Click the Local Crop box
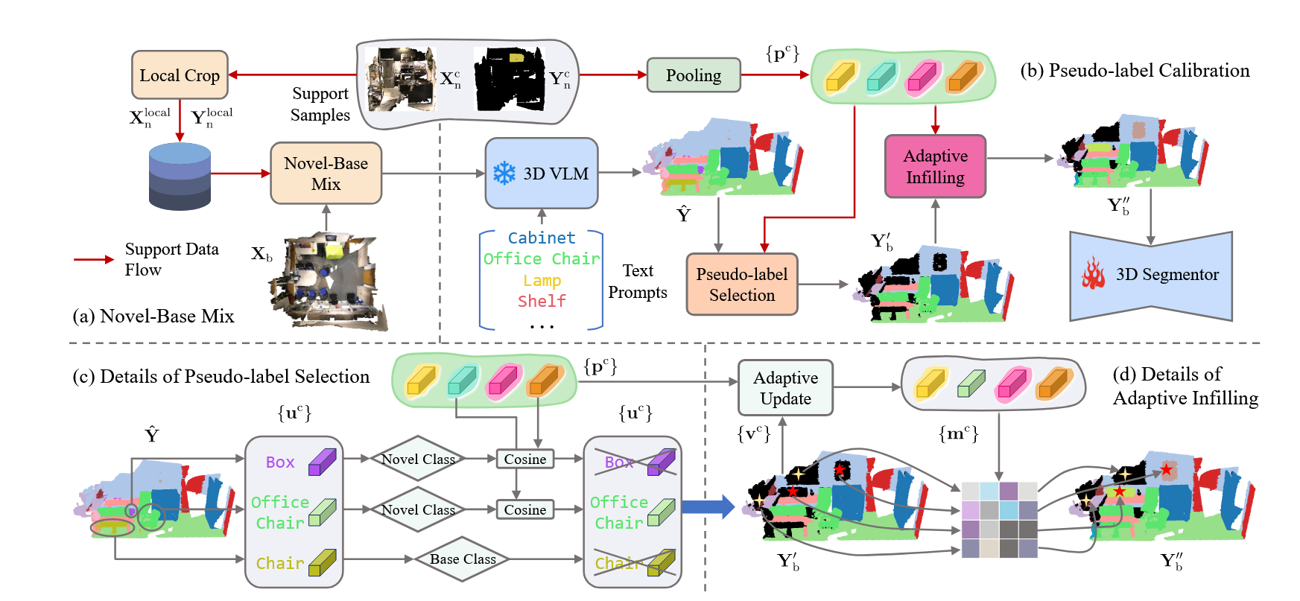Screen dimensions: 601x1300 click(x=180, y=75)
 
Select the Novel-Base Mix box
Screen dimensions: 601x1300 click(x=326, y=174)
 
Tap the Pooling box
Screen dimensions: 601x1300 click(x=693, y=75)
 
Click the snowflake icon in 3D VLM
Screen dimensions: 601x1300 click(x=504, y=174)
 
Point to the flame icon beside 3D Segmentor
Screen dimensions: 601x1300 click(x=1094, y=274)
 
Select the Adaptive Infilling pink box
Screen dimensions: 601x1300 click(x=935, y=167)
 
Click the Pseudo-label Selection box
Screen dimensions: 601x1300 click(x=741, y=284)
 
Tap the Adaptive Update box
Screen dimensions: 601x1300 click(x=785, y=388)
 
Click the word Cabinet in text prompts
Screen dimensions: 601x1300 click(x=542, y=238)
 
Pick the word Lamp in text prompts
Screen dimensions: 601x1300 click(x=542, y=281)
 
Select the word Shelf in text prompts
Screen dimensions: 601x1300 click(x=542, y=302)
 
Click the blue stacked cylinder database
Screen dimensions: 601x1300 click(x=180, y=177)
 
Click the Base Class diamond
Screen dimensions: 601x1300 click(x=463, y=559)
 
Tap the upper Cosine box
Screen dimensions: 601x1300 click(x=524, y=460)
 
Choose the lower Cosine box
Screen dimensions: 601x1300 click(x=524, y=510)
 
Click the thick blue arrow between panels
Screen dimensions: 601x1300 click(x=708, y=507)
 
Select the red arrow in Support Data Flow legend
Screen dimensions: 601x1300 click(x=94, y=259)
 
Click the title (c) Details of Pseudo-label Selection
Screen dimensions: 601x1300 click(x=221, y=377)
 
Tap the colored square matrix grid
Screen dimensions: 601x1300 click(x=999, y=520)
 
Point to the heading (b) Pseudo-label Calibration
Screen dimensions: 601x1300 click(x=1135, y=71)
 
